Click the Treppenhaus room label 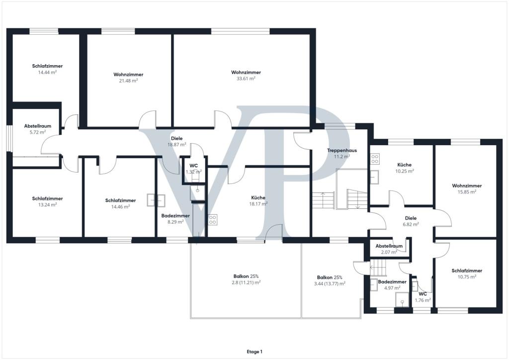pyautogui.click(x=342, y=150)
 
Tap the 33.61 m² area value pyautogui.click(x=246, y=79)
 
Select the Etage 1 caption pyautogui.click(x=254, y=352)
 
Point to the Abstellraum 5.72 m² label pyautogui.click(x=38, y=129)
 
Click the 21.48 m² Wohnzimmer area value pyautogui.click(x=128, y=81)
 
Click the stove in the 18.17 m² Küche pyautogui.click(x=213, y=220)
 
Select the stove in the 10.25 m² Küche pyautogui.click(x=375, y=159)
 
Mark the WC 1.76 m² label pyautogui.click(x=423, y=297)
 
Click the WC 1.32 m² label pyautogui.click(x=193, y=169)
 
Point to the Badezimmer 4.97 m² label pyautogui.click(x=392, y=285)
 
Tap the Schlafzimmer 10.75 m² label pyautogui.click(x=467, y=273)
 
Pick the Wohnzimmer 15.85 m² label pyautogui.click(x=467, y=188)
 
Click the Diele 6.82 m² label pyautogui.click(x=411, y=221)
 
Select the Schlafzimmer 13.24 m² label pyautogui.click(x=47, y=201)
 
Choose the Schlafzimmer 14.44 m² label pyautogui.click(x=47, y=69)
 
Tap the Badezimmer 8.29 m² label pyautogui.click(x=175, y=219)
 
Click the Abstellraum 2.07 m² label pyautogui.click(x=389, y=249)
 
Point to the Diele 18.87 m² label pyautogui.click(x=177, y=142)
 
